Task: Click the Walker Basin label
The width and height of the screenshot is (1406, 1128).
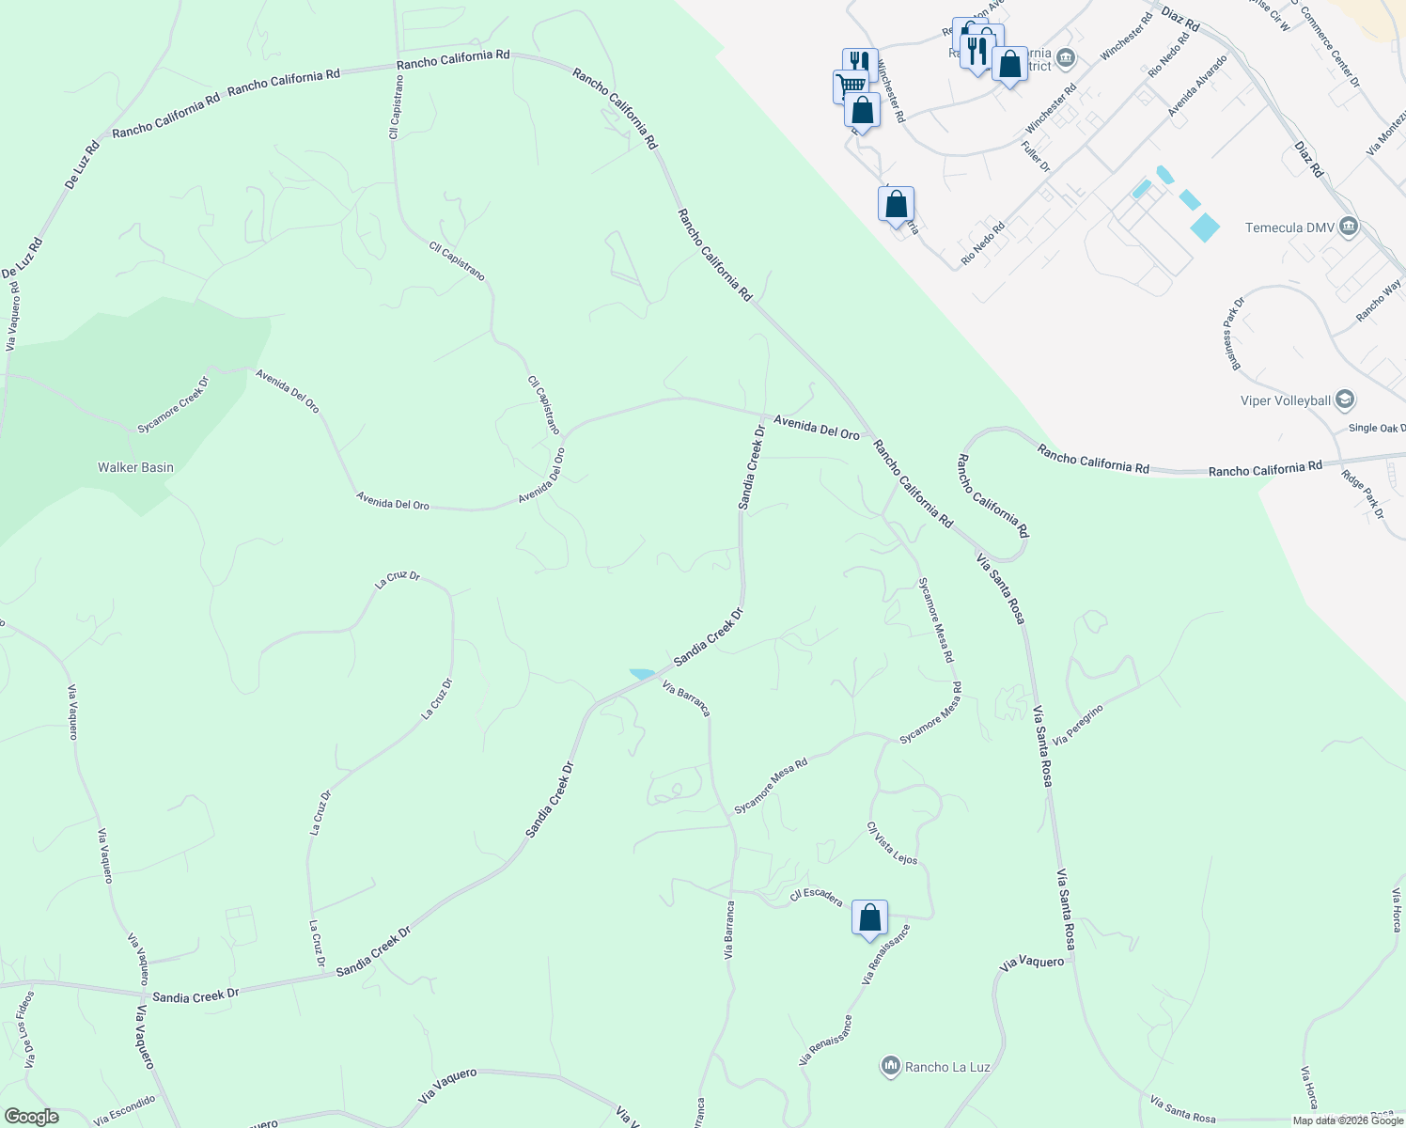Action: (x=135, y=467)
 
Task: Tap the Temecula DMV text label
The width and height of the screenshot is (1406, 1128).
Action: (x=1287, y=227)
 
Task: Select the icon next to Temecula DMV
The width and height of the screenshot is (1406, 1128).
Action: (x=1349, y=227)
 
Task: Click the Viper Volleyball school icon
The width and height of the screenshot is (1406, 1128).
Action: (x=1344, y=399)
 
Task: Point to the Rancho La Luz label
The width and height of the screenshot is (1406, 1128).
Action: (x=946, y=1067)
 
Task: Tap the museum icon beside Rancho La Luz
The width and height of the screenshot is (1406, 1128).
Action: (x=890, y=1066)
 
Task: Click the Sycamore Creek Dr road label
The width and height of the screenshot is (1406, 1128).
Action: (x=173, y=405)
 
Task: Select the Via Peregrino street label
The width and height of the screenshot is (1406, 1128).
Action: (x=1077, y=725)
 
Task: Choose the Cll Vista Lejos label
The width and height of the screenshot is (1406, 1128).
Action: (x=892, y=844)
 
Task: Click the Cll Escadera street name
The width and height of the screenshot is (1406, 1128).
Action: (x=816, y=897)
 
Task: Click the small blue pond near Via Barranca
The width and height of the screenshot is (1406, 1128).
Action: (x=643, y=674)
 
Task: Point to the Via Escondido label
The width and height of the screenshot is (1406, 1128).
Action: (x=125, y=1110)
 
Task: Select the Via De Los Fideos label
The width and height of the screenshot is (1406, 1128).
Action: (x=26, y=1028)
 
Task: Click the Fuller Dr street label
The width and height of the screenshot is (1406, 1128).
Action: (x=1035, y=155)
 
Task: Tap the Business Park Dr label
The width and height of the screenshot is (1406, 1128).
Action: (x=1232, y=334)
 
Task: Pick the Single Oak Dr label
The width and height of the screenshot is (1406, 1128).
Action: (x=1377, y=428)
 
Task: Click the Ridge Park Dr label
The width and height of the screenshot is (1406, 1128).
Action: (x=1363, y=494)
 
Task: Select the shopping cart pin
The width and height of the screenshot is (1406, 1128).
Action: (x=851, y=86)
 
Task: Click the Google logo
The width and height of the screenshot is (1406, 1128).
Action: (x=31, y=1117)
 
